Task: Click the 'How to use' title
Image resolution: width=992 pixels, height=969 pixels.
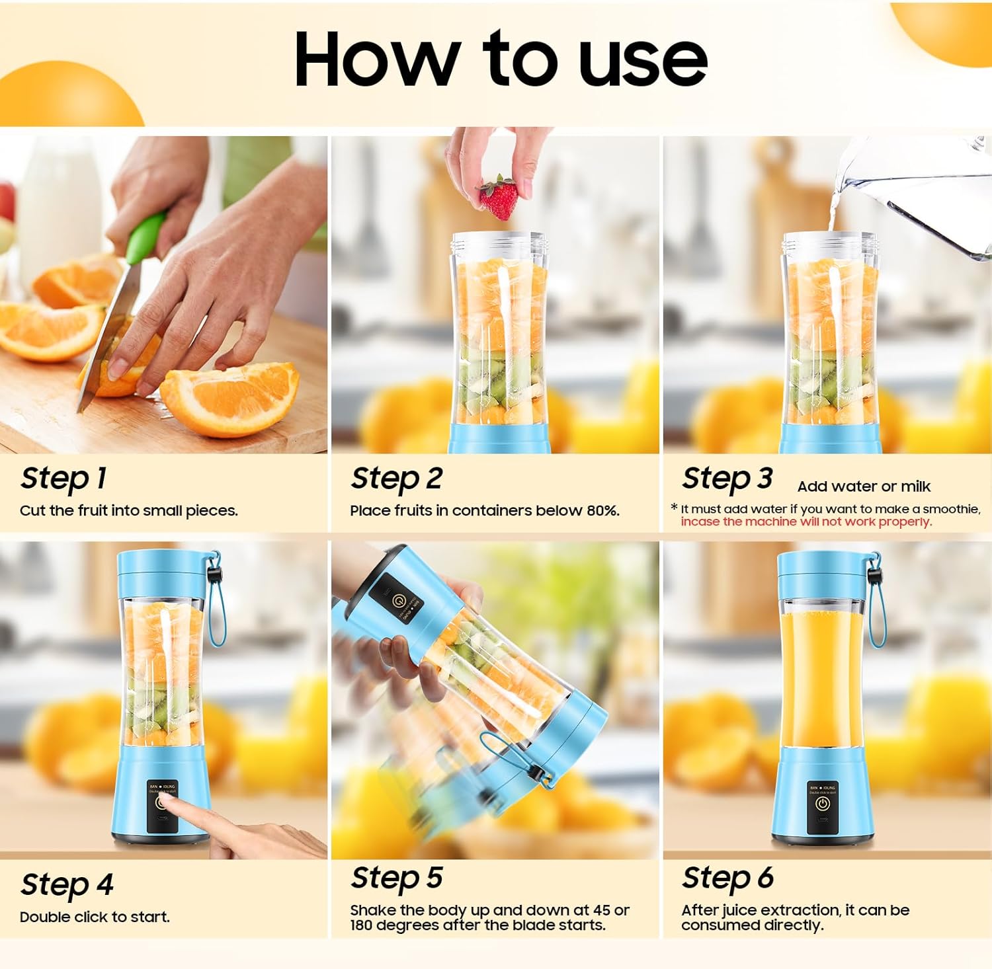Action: (501, 59)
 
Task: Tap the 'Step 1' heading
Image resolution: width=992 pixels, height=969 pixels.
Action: (63, 478)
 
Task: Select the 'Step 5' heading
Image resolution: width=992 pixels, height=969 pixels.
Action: (396, 878)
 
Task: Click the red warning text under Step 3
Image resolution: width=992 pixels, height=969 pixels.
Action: (806, 522)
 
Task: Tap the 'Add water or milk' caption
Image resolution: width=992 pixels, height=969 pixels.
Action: (864, 486)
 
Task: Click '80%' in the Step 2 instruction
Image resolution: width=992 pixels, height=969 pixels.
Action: (602, 510)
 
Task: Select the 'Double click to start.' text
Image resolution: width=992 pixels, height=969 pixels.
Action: (95, 917)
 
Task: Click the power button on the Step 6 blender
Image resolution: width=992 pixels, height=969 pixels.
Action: (822, 804)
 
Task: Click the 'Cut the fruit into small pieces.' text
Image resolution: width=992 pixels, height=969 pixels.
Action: (128, 510)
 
